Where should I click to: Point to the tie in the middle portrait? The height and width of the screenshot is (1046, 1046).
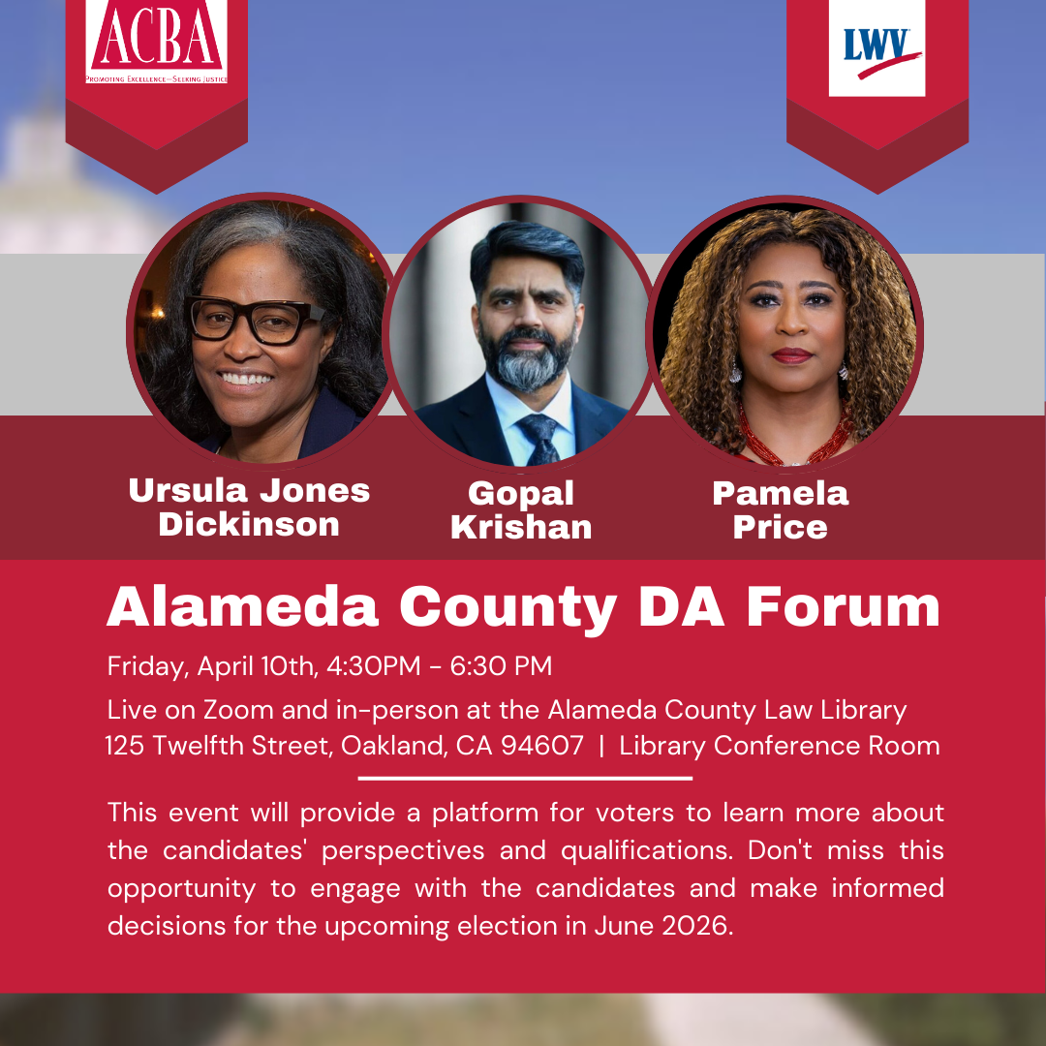click(538, 437)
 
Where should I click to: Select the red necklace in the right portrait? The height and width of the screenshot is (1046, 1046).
click(794, 441)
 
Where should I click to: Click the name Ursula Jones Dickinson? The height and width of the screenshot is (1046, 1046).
click(249, 507)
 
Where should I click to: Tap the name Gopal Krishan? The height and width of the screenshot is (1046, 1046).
click(521, 510)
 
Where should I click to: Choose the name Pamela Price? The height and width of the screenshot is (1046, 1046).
click(780, 510)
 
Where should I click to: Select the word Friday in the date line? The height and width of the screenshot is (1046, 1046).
click(147, 667)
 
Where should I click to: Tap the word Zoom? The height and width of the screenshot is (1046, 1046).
click(238, 710)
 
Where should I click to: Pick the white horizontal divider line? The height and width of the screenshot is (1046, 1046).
click(525, 778)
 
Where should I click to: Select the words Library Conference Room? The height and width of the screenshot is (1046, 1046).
click(780, 746)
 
